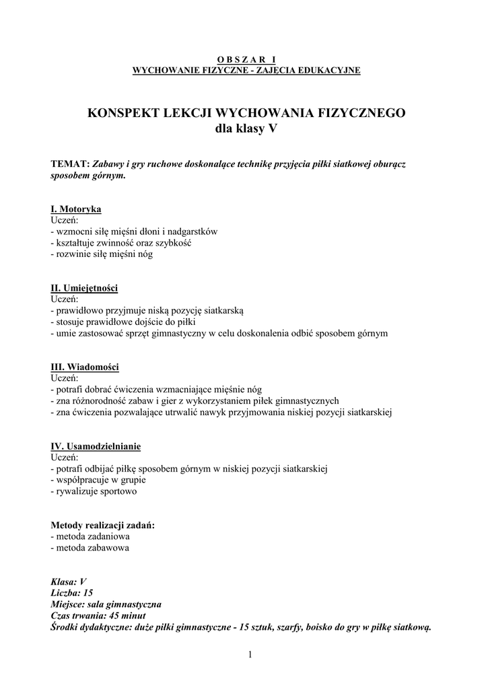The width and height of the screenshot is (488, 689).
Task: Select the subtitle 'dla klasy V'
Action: click(x=246, y=129)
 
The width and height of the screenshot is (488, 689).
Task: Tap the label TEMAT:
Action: click(x=70, y=164)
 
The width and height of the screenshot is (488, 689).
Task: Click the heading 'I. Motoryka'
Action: click(x=76, y=209)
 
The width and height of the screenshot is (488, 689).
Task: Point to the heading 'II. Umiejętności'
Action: click(x=84, y=288)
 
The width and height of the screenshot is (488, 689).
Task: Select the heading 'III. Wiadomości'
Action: click(x=85, y=367)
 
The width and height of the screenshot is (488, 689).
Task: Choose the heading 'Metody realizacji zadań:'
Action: click(x=103, y=525)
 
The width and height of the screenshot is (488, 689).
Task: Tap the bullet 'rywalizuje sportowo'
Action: click(x=94, y=492)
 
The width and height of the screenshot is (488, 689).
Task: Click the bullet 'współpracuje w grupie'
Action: click(x=98, y=480)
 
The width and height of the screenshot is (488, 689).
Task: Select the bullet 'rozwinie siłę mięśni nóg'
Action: click(x=102, y=254)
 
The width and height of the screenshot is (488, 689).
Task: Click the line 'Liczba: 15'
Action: click(x=72, y=593)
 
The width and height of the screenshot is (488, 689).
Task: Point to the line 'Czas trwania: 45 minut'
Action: click(x=98, y=616)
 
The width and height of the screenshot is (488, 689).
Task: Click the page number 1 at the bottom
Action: click(x=250, y=655)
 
